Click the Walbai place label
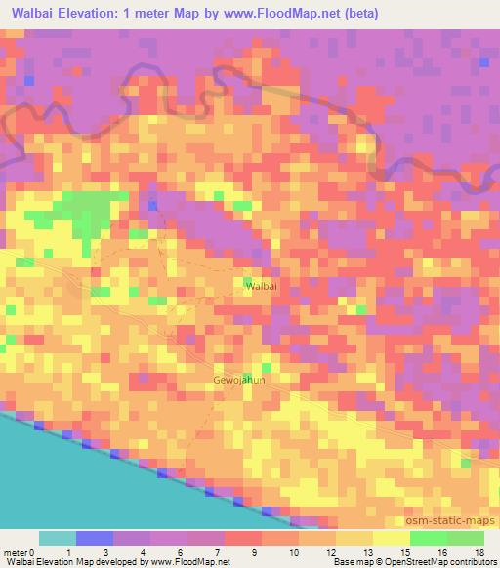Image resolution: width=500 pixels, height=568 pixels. (261, 286)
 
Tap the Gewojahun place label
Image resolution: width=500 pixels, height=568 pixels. (239, 380)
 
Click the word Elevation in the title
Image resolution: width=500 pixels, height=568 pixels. (99, 14)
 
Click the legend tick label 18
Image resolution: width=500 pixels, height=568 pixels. (478, 552)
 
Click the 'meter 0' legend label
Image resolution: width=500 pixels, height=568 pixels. (19, 552)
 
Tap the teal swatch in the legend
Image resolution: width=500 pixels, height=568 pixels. (58, 538)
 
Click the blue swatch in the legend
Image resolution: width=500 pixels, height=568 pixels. (95, 538)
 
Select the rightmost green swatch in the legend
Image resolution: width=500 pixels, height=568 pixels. (465, 538)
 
